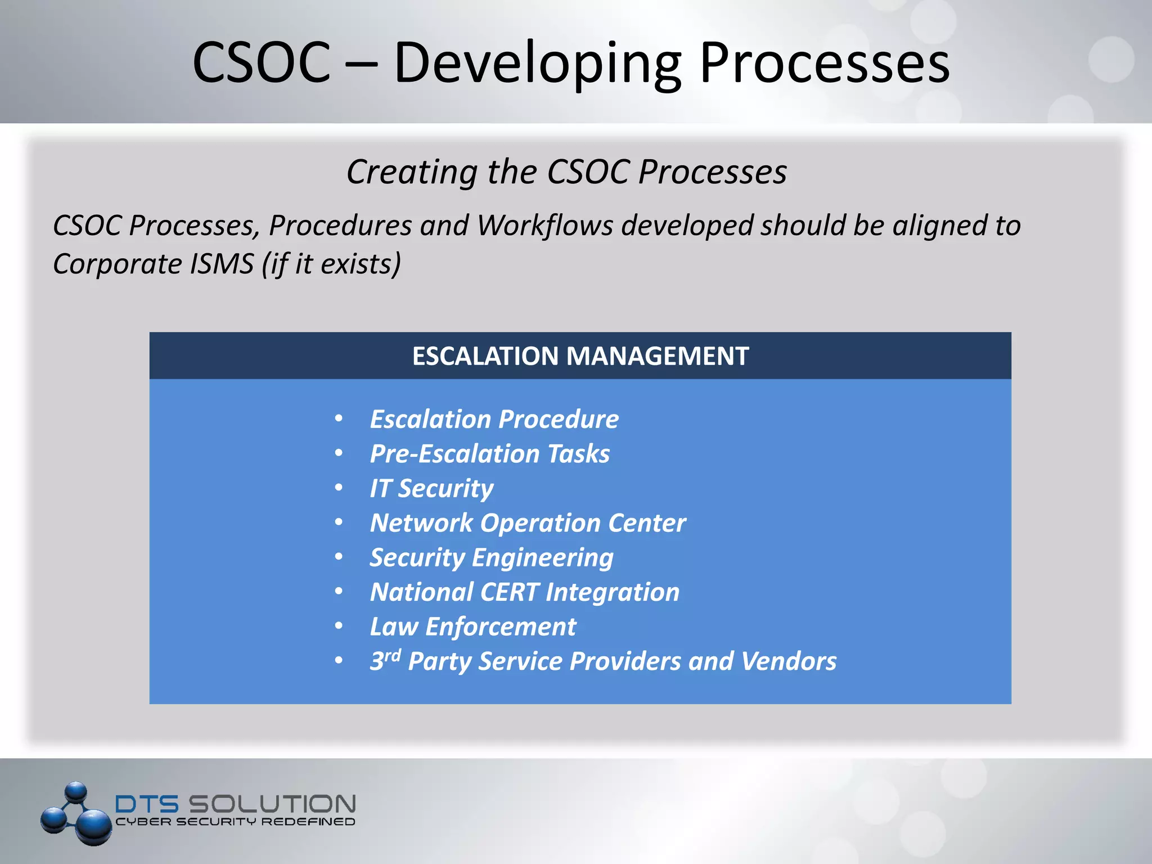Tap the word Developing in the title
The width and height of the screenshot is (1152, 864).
point(537,63)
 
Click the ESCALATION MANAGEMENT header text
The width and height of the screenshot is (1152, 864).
point(580,356)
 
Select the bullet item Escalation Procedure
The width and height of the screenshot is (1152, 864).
point(494,420)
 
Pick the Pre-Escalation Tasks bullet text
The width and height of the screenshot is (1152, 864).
point(489,454)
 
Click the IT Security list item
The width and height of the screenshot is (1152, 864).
point(431,488)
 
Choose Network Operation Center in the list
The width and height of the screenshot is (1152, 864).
point(528,523)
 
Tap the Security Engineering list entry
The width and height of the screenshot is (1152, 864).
point(491,557)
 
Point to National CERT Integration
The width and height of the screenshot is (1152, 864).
point(524,592)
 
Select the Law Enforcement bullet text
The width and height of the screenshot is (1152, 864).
point(472,627)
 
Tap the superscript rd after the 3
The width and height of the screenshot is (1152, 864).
point(393,655)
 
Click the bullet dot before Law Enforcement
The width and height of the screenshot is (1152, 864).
point(339,626)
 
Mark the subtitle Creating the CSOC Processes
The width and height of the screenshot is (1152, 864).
point(566,172)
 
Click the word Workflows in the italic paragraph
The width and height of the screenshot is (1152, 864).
point(545,226)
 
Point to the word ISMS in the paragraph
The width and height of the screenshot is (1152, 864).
point(222,264)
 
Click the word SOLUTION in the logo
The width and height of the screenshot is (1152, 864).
point(272,804)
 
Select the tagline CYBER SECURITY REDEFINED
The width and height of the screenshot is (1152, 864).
point(235,822)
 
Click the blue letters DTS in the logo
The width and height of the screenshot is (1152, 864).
point(147,804)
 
